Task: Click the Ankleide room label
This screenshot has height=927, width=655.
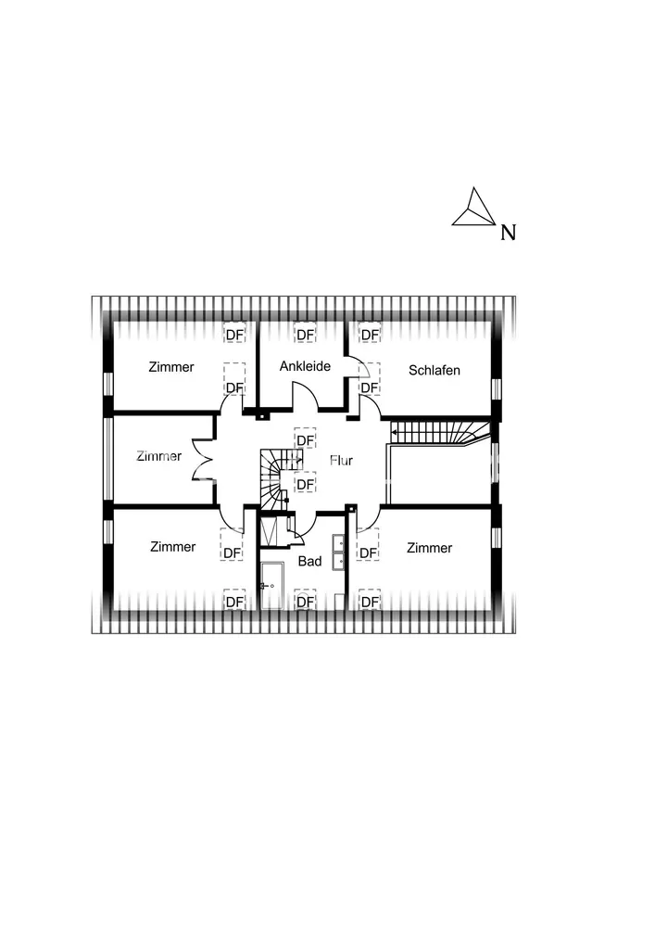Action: [x=305, y=366]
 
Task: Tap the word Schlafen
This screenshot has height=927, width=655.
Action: [x=435, y=370]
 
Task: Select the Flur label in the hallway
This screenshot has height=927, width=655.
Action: [x=341, y=460]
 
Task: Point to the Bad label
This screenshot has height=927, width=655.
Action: [x=309, y=561]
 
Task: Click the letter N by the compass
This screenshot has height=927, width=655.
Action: [x=508, y=232]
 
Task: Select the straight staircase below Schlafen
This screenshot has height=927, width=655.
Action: [x=439, y=432]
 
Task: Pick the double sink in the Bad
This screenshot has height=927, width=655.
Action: [x=339, y=551]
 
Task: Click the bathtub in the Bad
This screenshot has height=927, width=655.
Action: [x=272, y=586]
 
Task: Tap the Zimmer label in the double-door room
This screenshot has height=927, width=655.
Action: [x=158, y=456]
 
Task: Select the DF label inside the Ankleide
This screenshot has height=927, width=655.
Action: [x=303, y=335]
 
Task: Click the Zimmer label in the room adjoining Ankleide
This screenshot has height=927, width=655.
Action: [x=171, y=367]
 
